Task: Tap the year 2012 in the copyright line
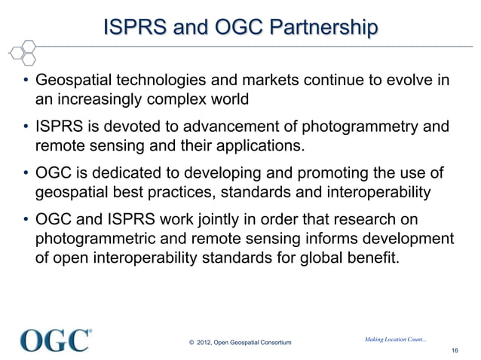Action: click(204, 345)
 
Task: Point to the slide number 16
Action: click(454, 351)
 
